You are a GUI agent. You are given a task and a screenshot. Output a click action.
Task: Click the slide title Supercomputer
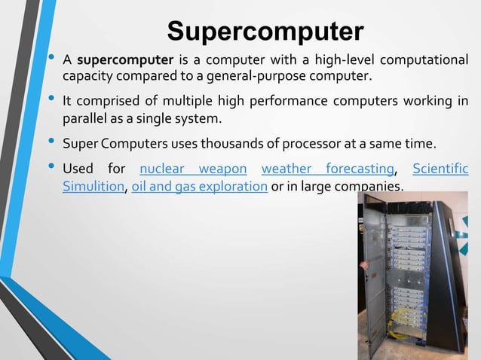(x=265, y=31)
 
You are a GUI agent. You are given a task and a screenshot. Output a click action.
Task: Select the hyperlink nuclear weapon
(x=193, y=168)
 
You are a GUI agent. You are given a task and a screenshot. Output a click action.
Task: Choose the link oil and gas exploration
(x=200, y=186)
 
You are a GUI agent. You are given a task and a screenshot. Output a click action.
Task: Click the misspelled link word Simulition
(x=93, y=186)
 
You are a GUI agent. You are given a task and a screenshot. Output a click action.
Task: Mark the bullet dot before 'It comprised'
(x=51, y=99)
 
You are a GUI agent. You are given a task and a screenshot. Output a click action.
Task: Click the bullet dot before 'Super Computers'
(x=51, y=141)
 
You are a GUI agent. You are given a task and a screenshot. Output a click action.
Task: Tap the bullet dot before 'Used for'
(x=51, y=166)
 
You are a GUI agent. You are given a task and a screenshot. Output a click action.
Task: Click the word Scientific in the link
(x=440, y=168)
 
